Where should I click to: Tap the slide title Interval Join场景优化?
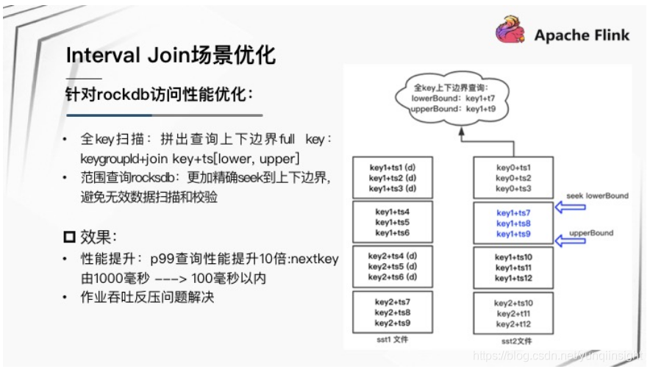click(171, 56)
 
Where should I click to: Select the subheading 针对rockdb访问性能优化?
click(158, 95)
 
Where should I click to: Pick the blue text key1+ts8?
click(513, 223)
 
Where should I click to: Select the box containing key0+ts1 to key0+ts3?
click(513, 177)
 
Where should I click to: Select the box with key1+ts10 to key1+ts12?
click(513, 268)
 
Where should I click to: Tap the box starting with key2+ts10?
click(513, 313)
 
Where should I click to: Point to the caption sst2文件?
click(512, 341)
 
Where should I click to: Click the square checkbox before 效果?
click(70, 237)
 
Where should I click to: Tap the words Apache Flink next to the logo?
click(582, 35)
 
